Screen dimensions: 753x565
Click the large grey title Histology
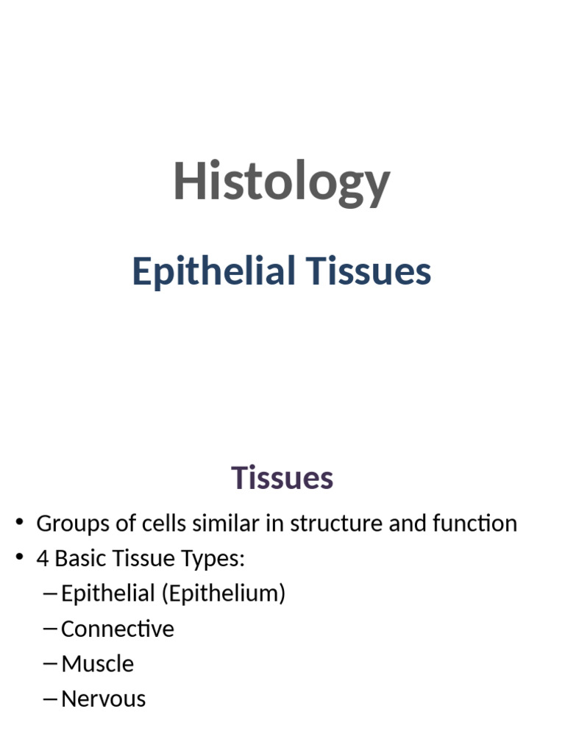point(281,182)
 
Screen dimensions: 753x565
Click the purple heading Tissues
point(282,478)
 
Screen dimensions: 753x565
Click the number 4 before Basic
point(43,559)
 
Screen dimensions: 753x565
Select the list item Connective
point(118,629)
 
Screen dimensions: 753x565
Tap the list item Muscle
point(98,664)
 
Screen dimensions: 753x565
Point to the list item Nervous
point(104,699)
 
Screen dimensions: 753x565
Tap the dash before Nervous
point(51,699)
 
